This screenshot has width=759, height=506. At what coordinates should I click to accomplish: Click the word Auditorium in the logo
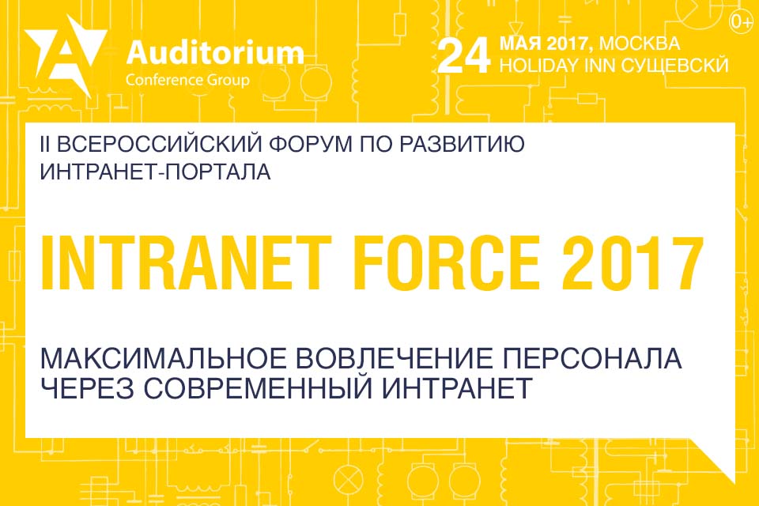[215, 52]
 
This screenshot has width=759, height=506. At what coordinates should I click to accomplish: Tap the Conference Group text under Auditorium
[187, 80]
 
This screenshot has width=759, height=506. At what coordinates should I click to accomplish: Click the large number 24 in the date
[464, 56]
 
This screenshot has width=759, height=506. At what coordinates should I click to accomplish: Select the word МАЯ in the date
[520, 43]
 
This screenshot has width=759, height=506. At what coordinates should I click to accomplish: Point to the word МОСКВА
[640, 43]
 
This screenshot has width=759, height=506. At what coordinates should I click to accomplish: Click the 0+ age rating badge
[740, 22]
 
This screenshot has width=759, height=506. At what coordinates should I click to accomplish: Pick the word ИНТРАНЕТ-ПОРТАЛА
[155, 172]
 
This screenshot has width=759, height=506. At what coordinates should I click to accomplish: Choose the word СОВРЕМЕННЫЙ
[257, 388]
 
